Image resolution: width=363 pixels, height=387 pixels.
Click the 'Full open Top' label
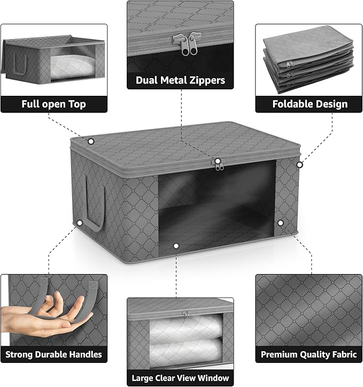[x=53, y=104]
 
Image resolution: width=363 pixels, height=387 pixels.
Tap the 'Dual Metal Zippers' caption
[x=181, y=81]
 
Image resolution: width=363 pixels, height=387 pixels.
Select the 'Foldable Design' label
[x=310, y=104]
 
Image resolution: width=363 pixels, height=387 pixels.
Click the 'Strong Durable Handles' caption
[x=53, y=354]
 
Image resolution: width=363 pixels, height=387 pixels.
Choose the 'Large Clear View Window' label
[x=181, y=377]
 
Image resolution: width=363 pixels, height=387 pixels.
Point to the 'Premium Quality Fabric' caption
[x=308, y=354]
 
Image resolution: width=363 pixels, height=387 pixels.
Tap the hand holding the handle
[x=37, y=318]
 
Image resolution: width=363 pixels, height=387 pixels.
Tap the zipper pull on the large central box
[x=218, y=166]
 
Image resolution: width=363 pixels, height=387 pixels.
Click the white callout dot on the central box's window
[x=176, y=246]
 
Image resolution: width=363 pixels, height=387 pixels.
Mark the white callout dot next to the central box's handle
[x=79, y=222]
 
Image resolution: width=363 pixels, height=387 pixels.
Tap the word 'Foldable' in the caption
[x=292, y=104]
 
